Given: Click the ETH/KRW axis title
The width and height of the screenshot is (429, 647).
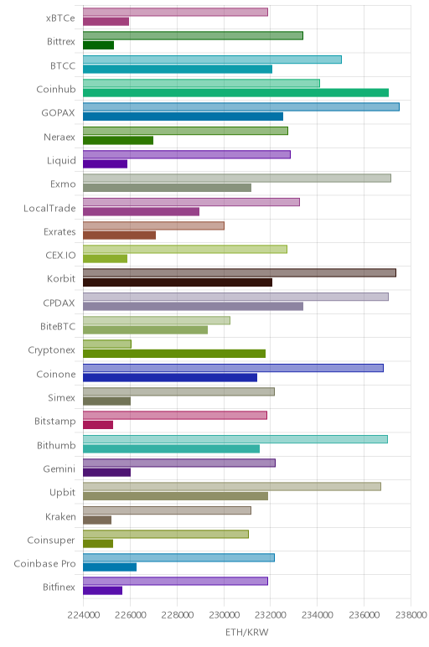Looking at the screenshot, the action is [x=246, y=632].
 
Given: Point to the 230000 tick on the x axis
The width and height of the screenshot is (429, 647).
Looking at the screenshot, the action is [x=224, y=615].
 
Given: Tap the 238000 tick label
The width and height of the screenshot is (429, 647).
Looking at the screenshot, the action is [x=411, y=615].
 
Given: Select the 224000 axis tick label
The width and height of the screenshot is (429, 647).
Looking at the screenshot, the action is [x=83, y=615].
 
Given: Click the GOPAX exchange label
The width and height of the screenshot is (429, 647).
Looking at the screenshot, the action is [x=58, y=112].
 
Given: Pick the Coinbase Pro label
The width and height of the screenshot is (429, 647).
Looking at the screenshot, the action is [x=44, y=564].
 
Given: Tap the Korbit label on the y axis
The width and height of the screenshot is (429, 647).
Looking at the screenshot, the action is [x=61, y=278].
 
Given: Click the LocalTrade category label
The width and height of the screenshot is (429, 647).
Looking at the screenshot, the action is [x=49, y=208].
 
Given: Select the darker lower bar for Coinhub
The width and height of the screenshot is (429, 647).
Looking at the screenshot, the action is [x=235, y=93].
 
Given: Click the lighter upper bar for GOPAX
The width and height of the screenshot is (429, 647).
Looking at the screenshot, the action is [x=241, y=107].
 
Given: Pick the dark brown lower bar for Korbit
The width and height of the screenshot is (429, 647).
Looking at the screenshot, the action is [x=178, y=282].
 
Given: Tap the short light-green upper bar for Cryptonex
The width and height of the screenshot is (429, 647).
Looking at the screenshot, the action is [x=107, y=344].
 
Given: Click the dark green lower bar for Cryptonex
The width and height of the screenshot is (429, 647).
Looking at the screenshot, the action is [x=174, y=354].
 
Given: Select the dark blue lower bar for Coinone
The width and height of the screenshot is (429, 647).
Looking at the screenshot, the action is [x=170, y=377].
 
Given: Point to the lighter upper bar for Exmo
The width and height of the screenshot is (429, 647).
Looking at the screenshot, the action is [x=237, y=178].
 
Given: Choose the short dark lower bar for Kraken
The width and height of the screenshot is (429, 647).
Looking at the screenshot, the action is [x=97, y=520].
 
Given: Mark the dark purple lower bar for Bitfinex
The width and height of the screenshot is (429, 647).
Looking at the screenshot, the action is [x=102, y=591].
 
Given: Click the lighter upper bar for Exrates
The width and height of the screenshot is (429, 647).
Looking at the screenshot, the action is [x=153, y=225].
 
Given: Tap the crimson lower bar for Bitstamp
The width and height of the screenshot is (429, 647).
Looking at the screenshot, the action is [x=98, y=425].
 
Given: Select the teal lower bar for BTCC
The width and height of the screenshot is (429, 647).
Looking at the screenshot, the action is [x=178, y=70].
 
